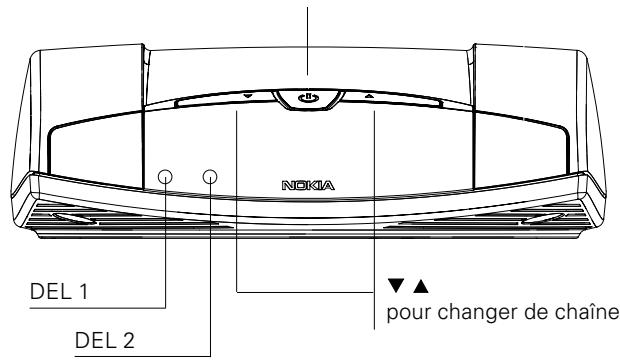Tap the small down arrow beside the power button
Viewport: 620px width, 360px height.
click(247, 97)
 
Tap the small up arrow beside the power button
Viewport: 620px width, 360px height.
click(369, 97)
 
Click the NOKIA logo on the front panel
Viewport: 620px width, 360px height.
click(308, 186)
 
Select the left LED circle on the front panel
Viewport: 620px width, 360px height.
click(166, 178)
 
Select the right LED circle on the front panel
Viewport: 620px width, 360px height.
click(211, 178)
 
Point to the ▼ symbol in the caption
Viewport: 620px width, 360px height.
click(393, 286)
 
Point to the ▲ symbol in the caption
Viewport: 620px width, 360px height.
click(410, 286)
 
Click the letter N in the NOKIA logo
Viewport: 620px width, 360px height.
click(289, 186)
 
